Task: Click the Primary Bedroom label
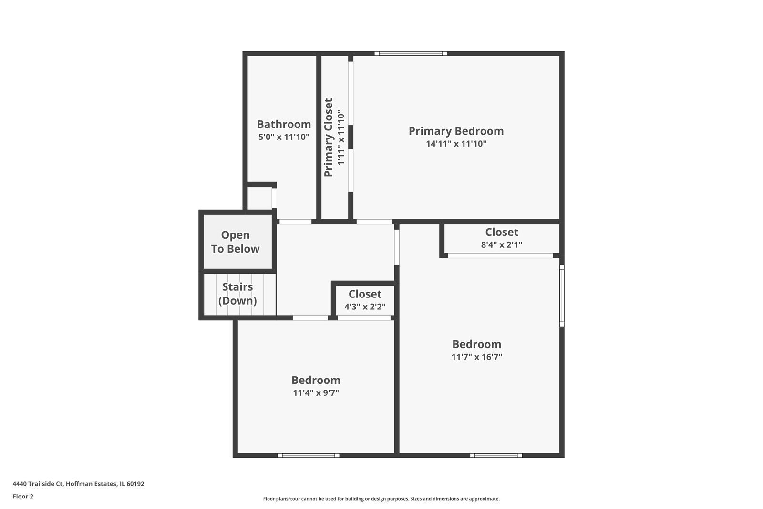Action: click(456, 131)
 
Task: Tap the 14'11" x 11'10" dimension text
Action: click(456, 144)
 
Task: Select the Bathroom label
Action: click(284, 124)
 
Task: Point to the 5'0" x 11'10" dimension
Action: click(284, 137)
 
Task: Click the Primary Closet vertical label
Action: click(329, 138)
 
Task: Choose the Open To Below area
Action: click(236, 242)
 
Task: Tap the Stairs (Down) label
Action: click(237, 294)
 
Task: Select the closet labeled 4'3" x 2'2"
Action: click(365, 300)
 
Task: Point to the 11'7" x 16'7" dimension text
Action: click(476, 357)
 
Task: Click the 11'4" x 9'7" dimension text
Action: click(316, 393)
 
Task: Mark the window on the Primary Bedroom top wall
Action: click(411, 53)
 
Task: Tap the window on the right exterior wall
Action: click(562, 296)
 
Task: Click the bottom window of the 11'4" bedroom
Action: click(309, 456)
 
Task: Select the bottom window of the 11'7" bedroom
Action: click(496, 456)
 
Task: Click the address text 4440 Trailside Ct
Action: click(78, 484)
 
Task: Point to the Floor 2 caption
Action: click(23, 497)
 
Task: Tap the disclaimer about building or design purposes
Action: click(381, 499)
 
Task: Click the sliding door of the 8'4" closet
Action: click(500, 256)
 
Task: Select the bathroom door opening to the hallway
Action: click(295, 222)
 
